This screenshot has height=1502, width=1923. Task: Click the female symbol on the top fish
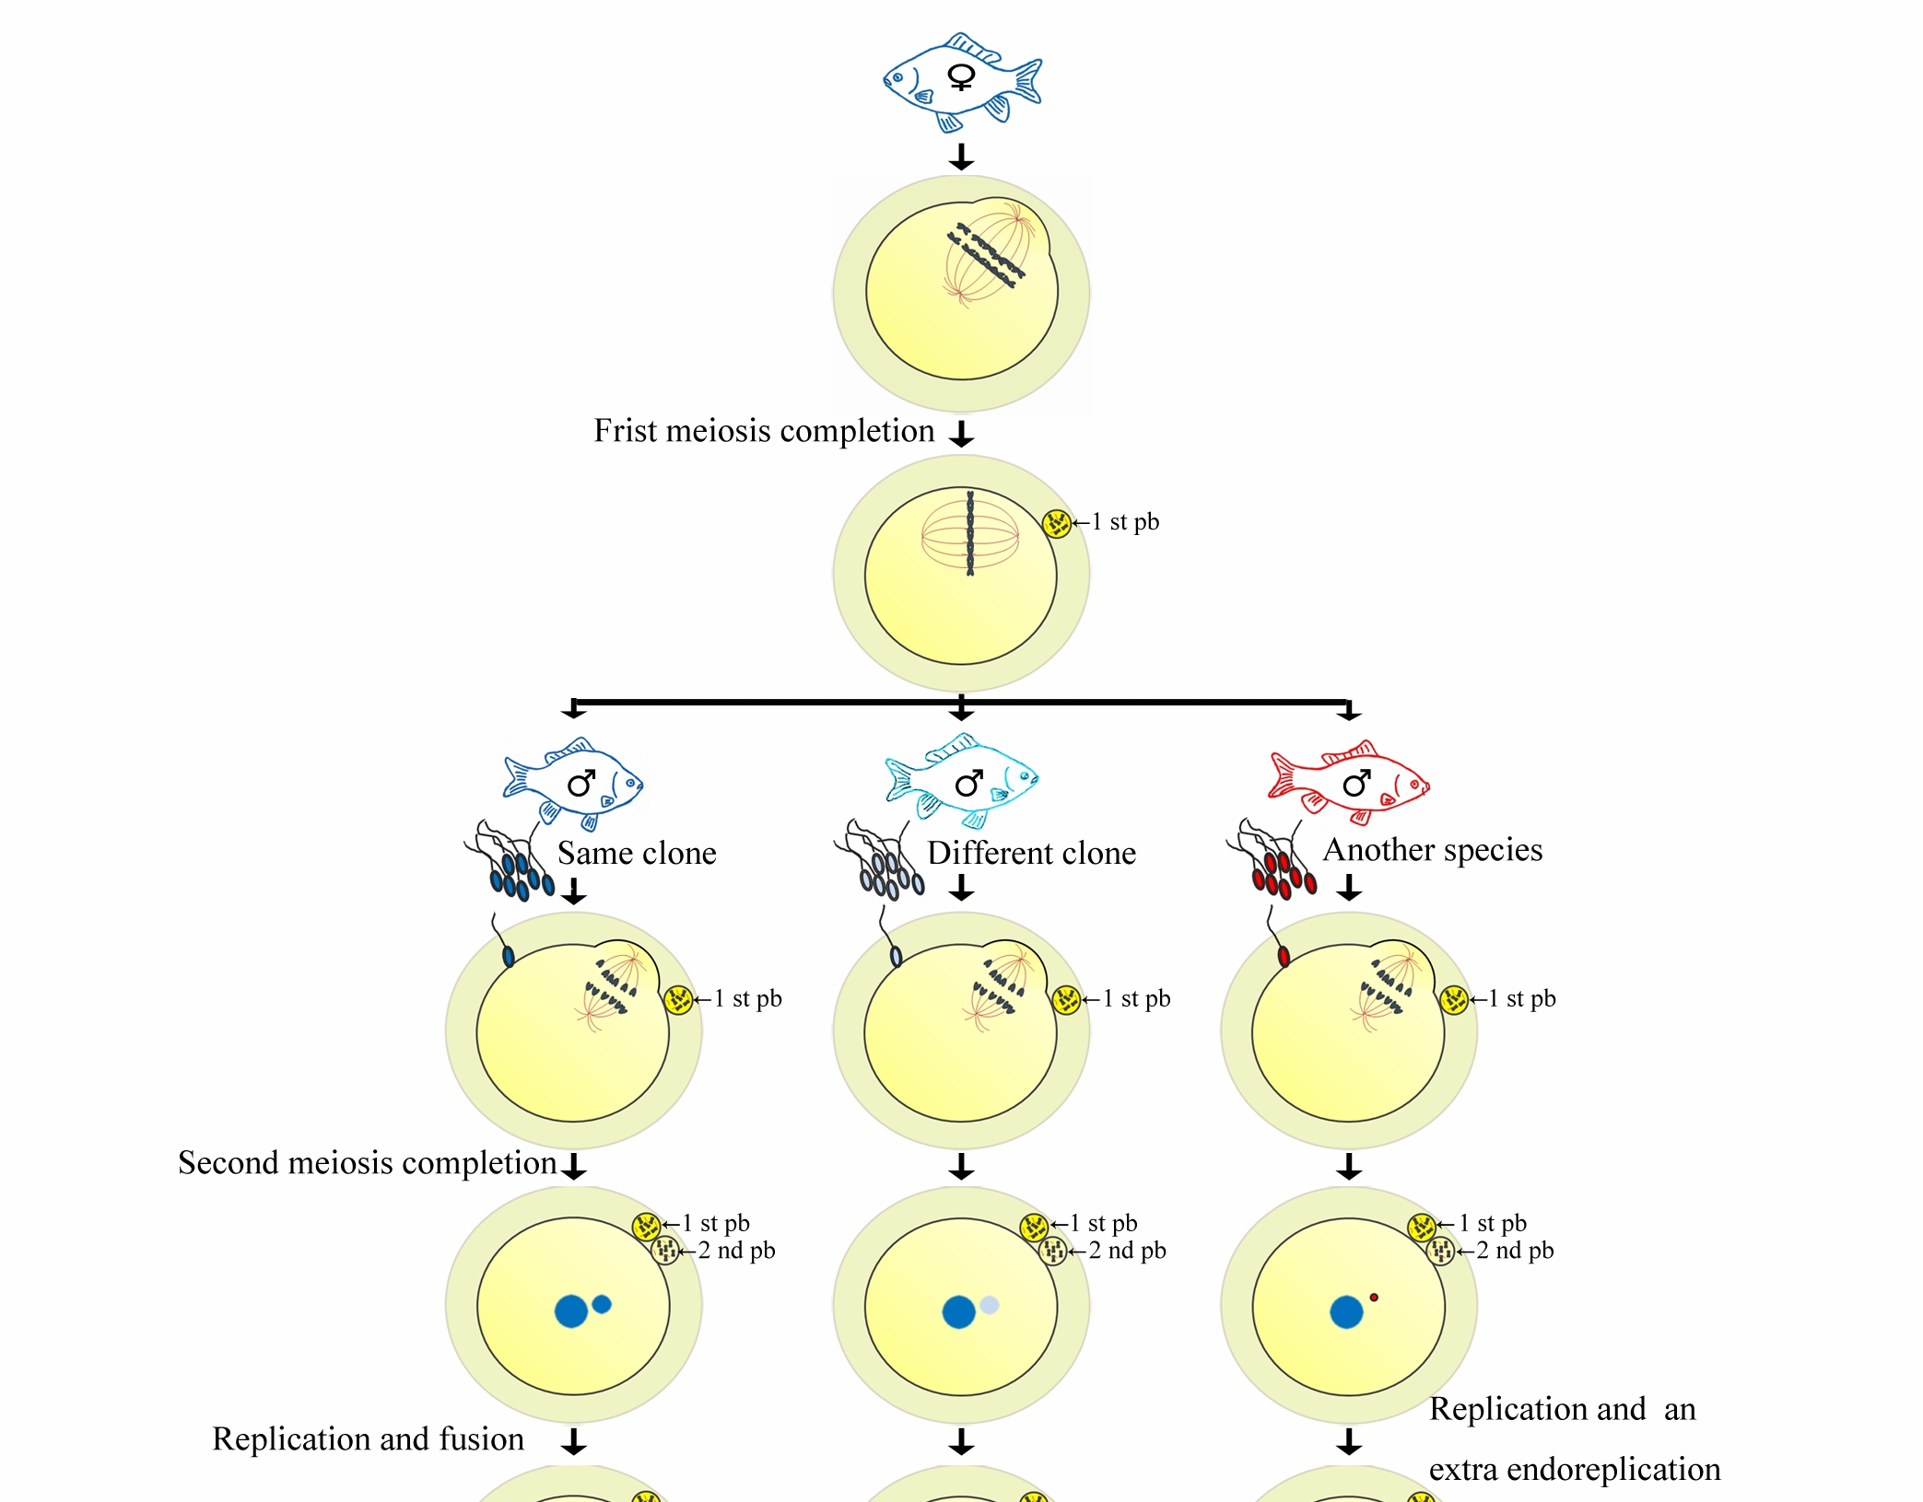[961, 77]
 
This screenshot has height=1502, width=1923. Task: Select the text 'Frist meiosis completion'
[763, 431]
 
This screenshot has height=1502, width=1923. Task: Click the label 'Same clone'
[637, 853]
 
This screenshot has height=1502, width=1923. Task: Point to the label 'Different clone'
[1031, 853]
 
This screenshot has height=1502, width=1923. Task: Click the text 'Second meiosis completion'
[367, 1163]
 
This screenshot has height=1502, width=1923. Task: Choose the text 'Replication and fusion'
[368, 1438]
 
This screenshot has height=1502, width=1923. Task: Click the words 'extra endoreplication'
[1574, 1469]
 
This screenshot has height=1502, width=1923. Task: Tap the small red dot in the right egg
[1374, 1298]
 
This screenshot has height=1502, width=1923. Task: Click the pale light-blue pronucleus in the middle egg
[990, 1305]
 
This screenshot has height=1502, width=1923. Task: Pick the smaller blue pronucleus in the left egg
[602, 1304]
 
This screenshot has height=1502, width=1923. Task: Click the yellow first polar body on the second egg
[1056, 523]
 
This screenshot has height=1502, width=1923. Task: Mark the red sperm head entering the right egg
[1284, 957]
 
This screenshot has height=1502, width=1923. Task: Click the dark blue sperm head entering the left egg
[508, 957]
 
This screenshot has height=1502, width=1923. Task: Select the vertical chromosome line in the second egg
[969, 533]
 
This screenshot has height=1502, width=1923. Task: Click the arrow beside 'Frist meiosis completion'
[961, 433]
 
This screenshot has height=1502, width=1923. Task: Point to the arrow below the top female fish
[961, 157]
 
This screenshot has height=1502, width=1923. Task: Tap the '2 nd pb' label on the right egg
[1515, 1251]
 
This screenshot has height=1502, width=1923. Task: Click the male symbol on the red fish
[1355, 784]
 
